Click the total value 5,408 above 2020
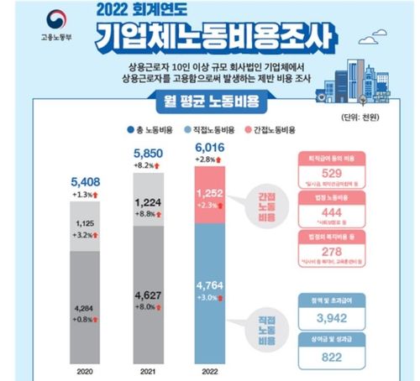pos(84,179)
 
